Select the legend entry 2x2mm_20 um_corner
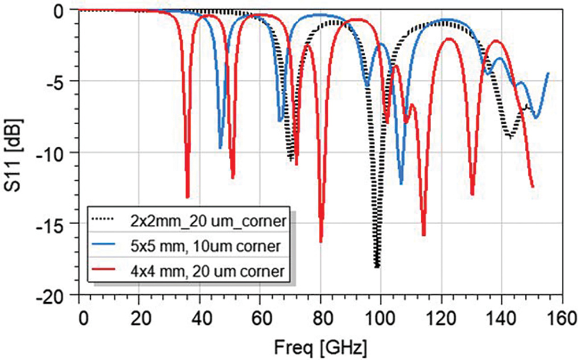coord(205,221)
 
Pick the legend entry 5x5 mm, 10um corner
coord(202,246)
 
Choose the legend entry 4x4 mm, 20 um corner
coord(202,270)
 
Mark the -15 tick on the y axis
coord(58,224)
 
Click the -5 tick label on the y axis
coord(61,80)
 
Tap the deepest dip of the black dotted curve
coord(377,267)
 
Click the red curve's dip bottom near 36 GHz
coord(187,197)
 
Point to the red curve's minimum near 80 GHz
coord(321,241)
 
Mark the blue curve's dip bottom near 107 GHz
coord(401,184)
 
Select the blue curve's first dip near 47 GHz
coord(220,148)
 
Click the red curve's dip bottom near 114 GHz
coord(424,235)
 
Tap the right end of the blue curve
coord(547,73)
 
